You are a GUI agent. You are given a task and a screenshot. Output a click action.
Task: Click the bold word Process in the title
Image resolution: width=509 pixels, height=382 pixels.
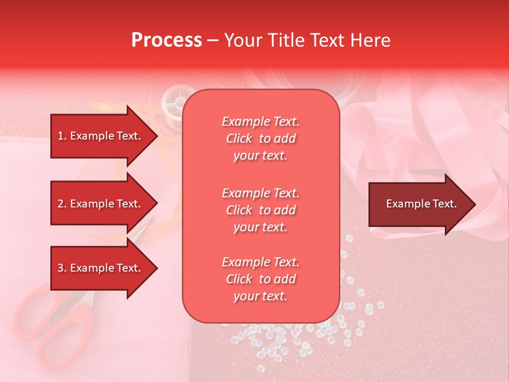(x=166, y=40)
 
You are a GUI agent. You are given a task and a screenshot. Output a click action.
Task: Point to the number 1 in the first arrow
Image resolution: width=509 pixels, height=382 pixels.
(x=60, y=136)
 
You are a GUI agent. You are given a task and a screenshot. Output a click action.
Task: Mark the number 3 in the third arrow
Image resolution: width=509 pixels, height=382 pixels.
(x=60, y=268)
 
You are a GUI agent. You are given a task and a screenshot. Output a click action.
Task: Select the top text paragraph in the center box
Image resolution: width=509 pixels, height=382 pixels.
(x=260, y=138)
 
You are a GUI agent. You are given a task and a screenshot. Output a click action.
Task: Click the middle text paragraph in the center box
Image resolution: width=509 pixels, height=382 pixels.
(x=260, y=210)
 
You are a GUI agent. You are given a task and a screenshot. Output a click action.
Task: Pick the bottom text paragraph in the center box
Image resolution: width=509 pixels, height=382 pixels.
(x=260, y=279)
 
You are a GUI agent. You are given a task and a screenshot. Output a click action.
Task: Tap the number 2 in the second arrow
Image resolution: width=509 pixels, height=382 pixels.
(x=60, y=204)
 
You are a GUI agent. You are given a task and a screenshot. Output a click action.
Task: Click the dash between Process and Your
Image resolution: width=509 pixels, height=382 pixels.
(x=213, y=41)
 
